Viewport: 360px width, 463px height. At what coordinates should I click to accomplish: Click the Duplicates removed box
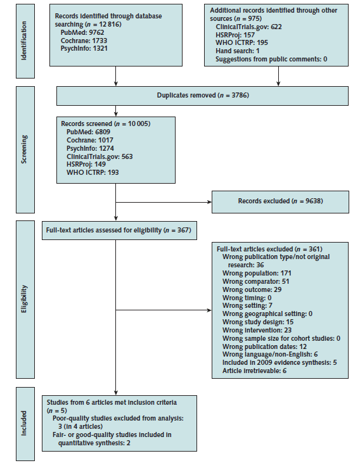click(202, 96)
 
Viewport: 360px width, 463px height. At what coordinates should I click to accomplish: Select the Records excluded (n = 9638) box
click(280, 202)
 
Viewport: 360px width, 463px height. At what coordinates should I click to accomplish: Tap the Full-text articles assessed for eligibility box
click(119, 231)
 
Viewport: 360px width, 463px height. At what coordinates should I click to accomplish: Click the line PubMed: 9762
click(82, 32)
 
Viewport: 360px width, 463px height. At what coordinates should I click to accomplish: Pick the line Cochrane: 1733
click(84, 41)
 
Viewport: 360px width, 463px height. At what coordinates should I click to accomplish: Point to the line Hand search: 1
click(237, 51)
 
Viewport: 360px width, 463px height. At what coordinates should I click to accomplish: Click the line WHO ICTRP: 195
click(241, 42)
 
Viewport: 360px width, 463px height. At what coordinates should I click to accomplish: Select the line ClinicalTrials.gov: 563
click(100, 156)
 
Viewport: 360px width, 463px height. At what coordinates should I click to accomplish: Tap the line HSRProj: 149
click(86, 164)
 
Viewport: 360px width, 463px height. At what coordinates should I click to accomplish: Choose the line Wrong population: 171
click(257, 273)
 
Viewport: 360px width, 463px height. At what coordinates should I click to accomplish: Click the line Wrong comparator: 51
click(255, 281)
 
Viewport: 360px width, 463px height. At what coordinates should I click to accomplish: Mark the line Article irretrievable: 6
click(254, 371)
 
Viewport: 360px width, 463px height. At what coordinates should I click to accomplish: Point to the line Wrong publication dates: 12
click(264, 346)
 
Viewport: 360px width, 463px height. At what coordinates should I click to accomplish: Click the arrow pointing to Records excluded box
click(164, 202)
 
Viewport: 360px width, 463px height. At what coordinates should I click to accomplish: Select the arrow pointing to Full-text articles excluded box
click(164, 310)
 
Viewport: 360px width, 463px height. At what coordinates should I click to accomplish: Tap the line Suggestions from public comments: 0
click(271, 59)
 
